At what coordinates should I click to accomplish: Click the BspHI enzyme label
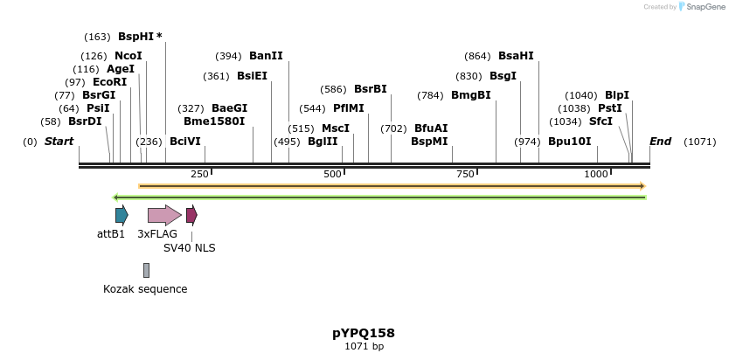point(135,37)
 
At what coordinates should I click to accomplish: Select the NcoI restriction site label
point(128,55)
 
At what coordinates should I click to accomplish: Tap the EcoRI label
point(109,82)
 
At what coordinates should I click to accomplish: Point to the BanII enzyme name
point(266,55)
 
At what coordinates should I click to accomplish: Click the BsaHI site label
point(516,55)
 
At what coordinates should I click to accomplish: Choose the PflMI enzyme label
point(348,108)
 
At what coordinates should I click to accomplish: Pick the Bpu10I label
point(569,142)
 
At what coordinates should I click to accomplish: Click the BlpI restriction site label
point(616,95)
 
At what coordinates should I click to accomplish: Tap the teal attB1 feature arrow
point(121,215)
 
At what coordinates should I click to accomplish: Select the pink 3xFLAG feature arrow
point(164,215)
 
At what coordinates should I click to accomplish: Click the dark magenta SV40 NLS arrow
point(191,215)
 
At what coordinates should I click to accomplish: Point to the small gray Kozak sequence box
point(146,270)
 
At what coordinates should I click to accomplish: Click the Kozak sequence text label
point(145,289)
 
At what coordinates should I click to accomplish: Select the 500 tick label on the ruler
point(332,174)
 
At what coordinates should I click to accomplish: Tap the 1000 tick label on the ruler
point(596,174)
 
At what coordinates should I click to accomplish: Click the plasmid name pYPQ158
point(364,333)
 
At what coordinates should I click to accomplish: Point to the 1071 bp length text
point(364,347)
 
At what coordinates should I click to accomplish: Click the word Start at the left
point(59,142)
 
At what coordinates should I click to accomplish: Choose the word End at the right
point(660,142)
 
